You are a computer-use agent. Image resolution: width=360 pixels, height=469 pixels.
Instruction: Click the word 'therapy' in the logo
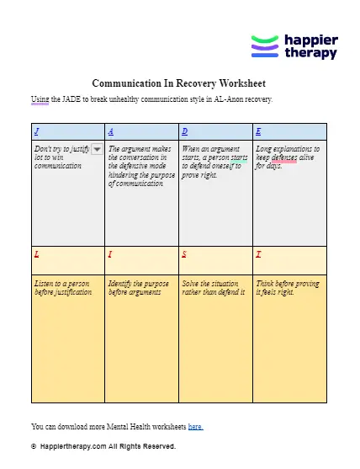click(x=310, y=53)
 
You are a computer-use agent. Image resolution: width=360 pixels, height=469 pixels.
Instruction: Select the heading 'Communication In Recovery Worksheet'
click(x=178, y=84)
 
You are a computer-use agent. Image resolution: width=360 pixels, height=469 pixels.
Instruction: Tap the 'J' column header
click(x=36, y=132)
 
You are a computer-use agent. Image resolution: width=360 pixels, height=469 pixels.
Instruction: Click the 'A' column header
click(x=111, y=132)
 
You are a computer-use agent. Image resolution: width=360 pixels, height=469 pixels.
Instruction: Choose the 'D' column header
click(x=184, y=132)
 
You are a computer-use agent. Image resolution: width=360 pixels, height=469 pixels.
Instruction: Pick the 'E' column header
click(x=257, y=132)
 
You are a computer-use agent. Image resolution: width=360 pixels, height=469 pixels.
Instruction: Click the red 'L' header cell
click(x=36, y=253)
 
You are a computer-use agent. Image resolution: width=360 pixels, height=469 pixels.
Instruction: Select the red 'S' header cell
click(x=184, y=253)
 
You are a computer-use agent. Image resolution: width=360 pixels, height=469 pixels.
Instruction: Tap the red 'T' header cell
click(x=257, y=253)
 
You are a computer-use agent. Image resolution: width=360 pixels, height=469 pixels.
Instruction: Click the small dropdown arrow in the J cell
click(x=97, y=149)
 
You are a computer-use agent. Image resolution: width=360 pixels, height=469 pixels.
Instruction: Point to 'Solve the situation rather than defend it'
click(x=214, y=287)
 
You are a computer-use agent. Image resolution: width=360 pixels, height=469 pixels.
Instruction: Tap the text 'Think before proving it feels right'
click(x=288, y=287)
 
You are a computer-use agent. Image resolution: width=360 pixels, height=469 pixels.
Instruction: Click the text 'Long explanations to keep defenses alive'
click(x=288, y=157)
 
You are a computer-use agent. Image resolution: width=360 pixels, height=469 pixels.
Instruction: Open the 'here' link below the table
click(x=194, y=427)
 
